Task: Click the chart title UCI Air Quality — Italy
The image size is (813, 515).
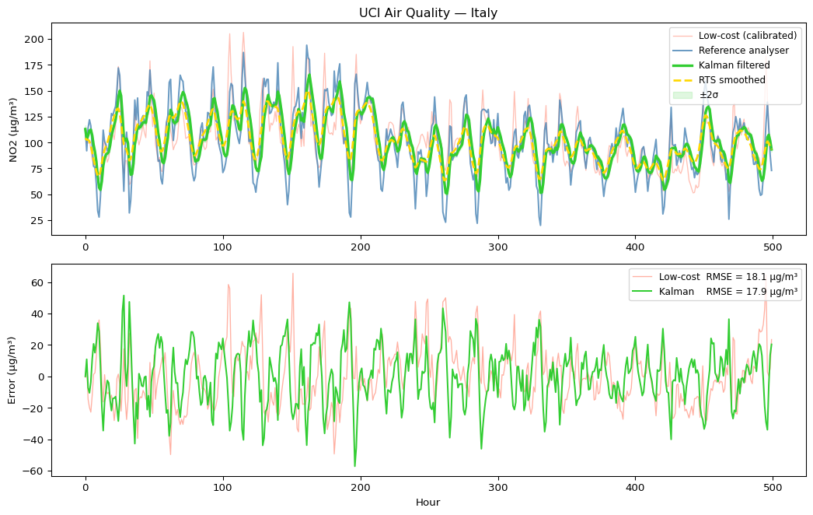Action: click(427, 13)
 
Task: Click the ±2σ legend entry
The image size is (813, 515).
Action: click(710, 95)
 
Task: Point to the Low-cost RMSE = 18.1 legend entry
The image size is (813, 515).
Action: click(728, 276)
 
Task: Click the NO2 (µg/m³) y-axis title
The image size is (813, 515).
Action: click(13, 129)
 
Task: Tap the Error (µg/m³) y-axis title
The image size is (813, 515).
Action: click(13, 370)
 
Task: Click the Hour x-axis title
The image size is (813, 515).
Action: click(427, 503)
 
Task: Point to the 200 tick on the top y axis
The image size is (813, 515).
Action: click(36, 39)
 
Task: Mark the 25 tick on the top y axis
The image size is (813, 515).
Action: click(39, 221)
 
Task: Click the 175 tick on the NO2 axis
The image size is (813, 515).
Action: click(36, 65)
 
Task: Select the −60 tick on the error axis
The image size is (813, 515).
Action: click(36, 471)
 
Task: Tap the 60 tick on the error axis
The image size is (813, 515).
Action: click(39, 282)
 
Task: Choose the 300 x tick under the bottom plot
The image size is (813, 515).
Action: click(497, 487)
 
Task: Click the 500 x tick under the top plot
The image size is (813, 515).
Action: click(773, 246)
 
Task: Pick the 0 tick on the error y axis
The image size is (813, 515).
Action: click(42, 377)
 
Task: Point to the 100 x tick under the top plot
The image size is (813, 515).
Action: click(223, 246)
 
